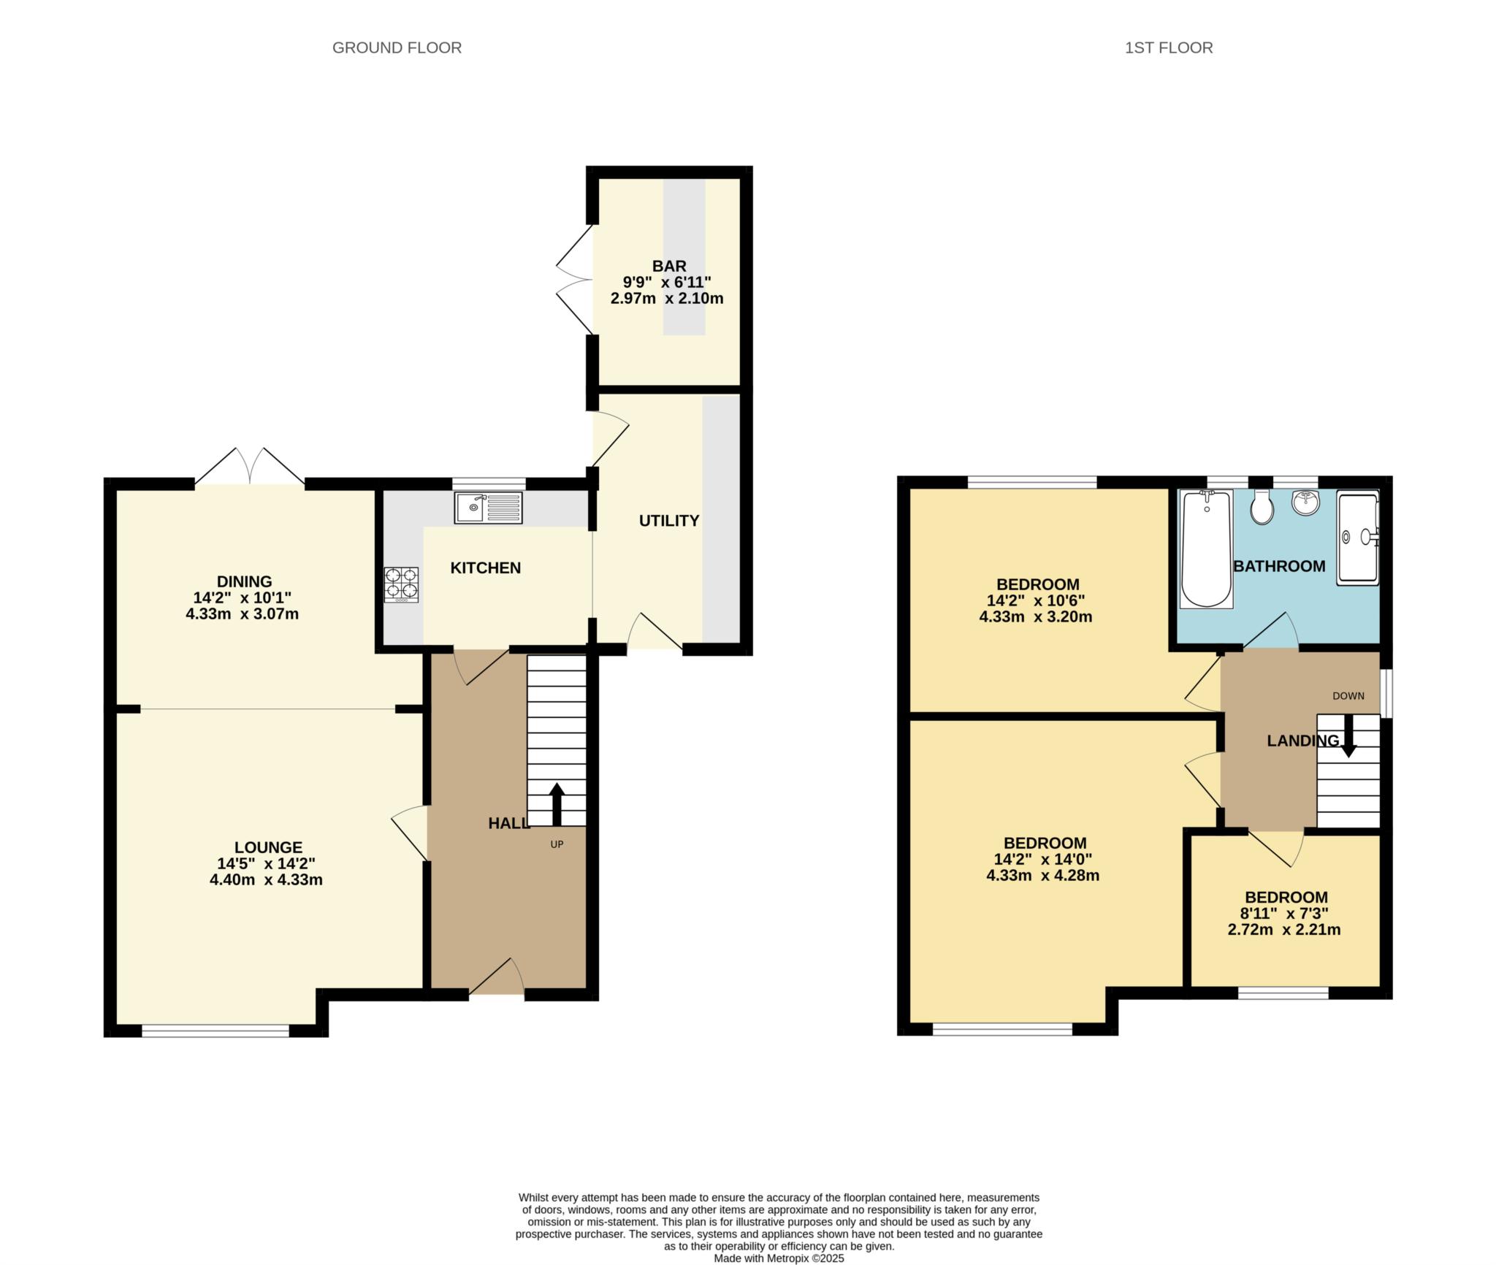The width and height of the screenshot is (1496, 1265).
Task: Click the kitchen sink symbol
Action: (x=488, y=508)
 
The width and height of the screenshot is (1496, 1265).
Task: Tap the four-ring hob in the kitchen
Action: (x=401, y=584)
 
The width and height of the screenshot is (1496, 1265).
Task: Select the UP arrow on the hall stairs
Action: (x=557, y=803)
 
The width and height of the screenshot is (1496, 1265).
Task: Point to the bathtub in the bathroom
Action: (x=1206, y=548)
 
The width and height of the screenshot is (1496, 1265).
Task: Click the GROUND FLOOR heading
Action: (x=397, y=48)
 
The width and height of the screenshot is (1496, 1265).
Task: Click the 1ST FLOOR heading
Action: (x=1169, y=48)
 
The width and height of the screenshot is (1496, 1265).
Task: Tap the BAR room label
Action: (x=668, y=267)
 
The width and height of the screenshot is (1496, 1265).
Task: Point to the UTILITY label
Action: (x=669, y=521)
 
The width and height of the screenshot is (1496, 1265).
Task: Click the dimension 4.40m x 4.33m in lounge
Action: (x=266, y=880)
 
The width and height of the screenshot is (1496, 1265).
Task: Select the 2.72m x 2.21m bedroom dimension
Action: (x=1284, y=930)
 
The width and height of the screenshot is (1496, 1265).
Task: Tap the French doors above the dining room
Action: (x=250, y=465)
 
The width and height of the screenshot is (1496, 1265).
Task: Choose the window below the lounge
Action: (x=215, y=1031)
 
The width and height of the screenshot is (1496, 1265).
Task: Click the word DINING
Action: (x=244, y=581)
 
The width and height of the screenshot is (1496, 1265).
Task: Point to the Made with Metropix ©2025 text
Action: (x=779, y=1258)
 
